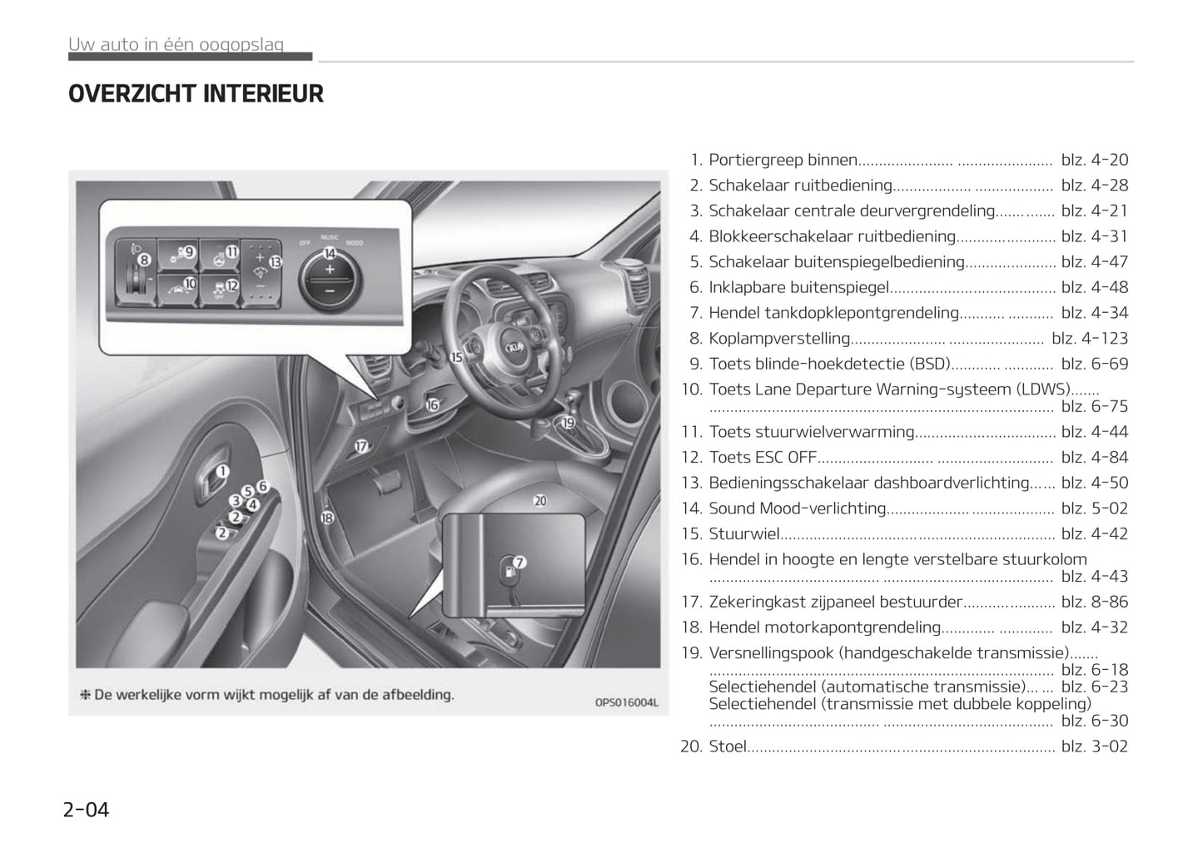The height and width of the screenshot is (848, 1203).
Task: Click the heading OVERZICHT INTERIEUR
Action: pyautogui.click(x=196, y=94)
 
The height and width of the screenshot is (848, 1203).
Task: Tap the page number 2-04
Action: pyautogui.click(x=86, y=809)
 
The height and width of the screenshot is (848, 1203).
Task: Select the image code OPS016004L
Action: pyautogui.click(x=626, y=702)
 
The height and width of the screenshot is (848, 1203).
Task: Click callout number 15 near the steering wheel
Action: pyautogui.click(x=456, y=357)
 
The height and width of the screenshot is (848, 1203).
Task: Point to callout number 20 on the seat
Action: pyautogui.click(x=540, y=500)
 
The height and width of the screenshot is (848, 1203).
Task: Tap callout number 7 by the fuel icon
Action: pyautogui.click(x=519, y=563)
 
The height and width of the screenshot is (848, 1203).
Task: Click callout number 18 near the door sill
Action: pyautogui.click(x=327, y=518)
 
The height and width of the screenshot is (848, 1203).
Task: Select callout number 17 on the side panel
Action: pyautogui.click(x=361, y=446)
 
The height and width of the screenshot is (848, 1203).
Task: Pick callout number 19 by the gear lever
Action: pyautogui.click(x=569, y=422)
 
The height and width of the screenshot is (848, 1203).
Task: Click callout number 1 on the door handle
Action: pyautogui.click(x=222, y=472)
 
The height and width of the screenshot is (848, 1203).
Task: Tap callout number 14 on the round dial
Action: pyautogui.click(x=330, y=253)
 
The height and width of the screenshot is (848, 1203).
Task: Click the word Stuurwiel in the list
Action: pyautogui.click(x=743, y=533)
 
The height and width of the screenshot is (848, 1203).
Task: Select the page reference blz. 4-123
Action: pyautogui.click(x=1090, y=339)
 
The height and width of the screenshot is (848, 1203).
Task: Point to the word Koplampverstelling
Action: pyautogui.click(x=779, y=339)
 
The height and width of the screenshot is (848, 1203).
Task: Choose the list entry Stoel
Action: pyautogui.click(x=728, y=746)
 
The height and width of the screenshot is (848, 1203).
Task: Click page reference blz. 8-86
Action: pyautogui.click(x=1095, y=602)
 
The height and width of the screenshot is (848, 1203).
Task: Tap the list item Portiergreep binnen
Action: pyautogui.click(x=783, y=160)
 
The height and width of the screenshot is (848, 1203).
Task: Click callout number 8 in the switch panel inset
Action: pyautogui.click(x=145, y=260)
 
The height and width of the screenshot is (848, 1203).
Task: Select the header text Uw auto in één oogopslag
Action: pyautogui.click(x=176, y=44)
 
